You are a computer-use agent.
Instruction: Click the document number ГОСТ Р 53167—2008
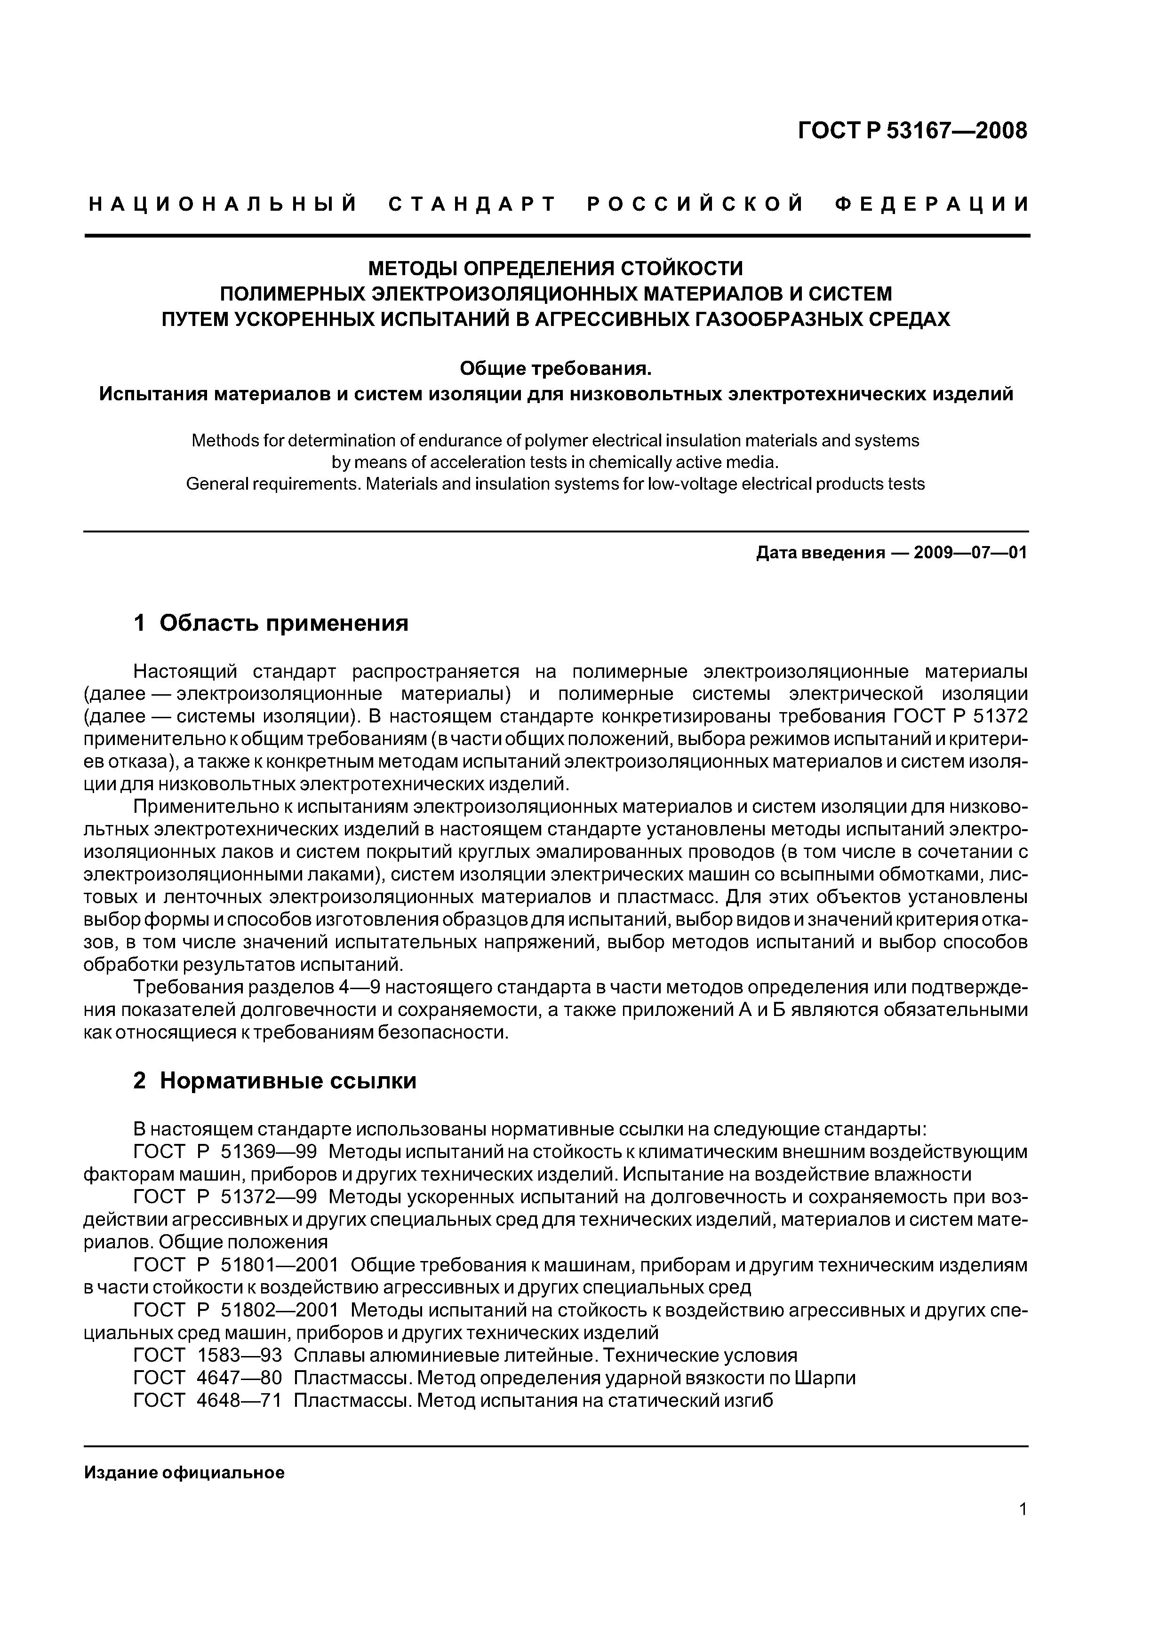912,131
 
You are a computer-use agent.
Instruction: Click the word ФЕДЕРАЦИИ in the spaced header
932,205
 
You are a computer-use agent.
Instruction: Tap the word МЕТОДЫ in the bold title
411,269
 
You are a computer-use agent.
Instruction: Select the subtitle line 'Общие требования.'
555,369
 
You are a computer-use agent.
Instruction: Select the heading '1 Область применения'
271,622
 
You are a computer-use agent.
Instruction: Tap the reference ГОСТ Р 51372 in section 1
960,716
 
